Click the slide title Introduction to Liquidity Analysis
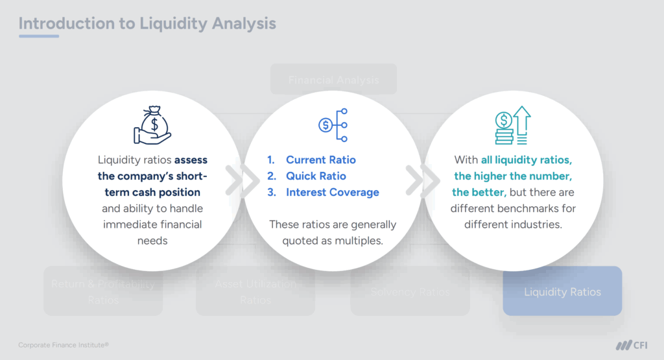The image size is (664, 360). pyautogui.click(x=147, y=23)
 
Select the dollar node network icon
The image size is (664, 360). pyautogui.click(x=333, y=125)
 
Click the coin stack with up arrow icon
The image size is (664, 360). pyautogui.click(x=511, y=125)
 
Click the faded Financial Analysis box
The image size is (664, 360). pyautogui.click(x=333, y=80)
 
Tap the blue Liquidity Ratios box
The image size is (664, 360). pyautogui.click(x=562, y=291)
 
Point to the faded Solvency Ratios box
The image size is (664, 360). pyautogui.click(x=410, y=292)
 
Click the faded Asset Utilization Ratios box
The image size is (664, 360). pyautogui.click(x=255, y=292)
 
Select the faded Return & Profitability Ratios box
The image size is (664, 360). pyautogui.click(x=102, y=292)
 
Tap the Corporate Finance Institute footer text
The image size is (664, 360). pyautogui.click(x=64, y=345)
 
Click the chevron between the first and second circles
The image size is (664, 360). pyautogui.click(x=233, y=181)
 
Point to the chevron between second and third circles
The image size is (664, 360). pyautogui.click(x=413, y=181)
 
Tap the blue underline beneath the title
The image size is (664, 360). pyautogui.click(x=38, y=36)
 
